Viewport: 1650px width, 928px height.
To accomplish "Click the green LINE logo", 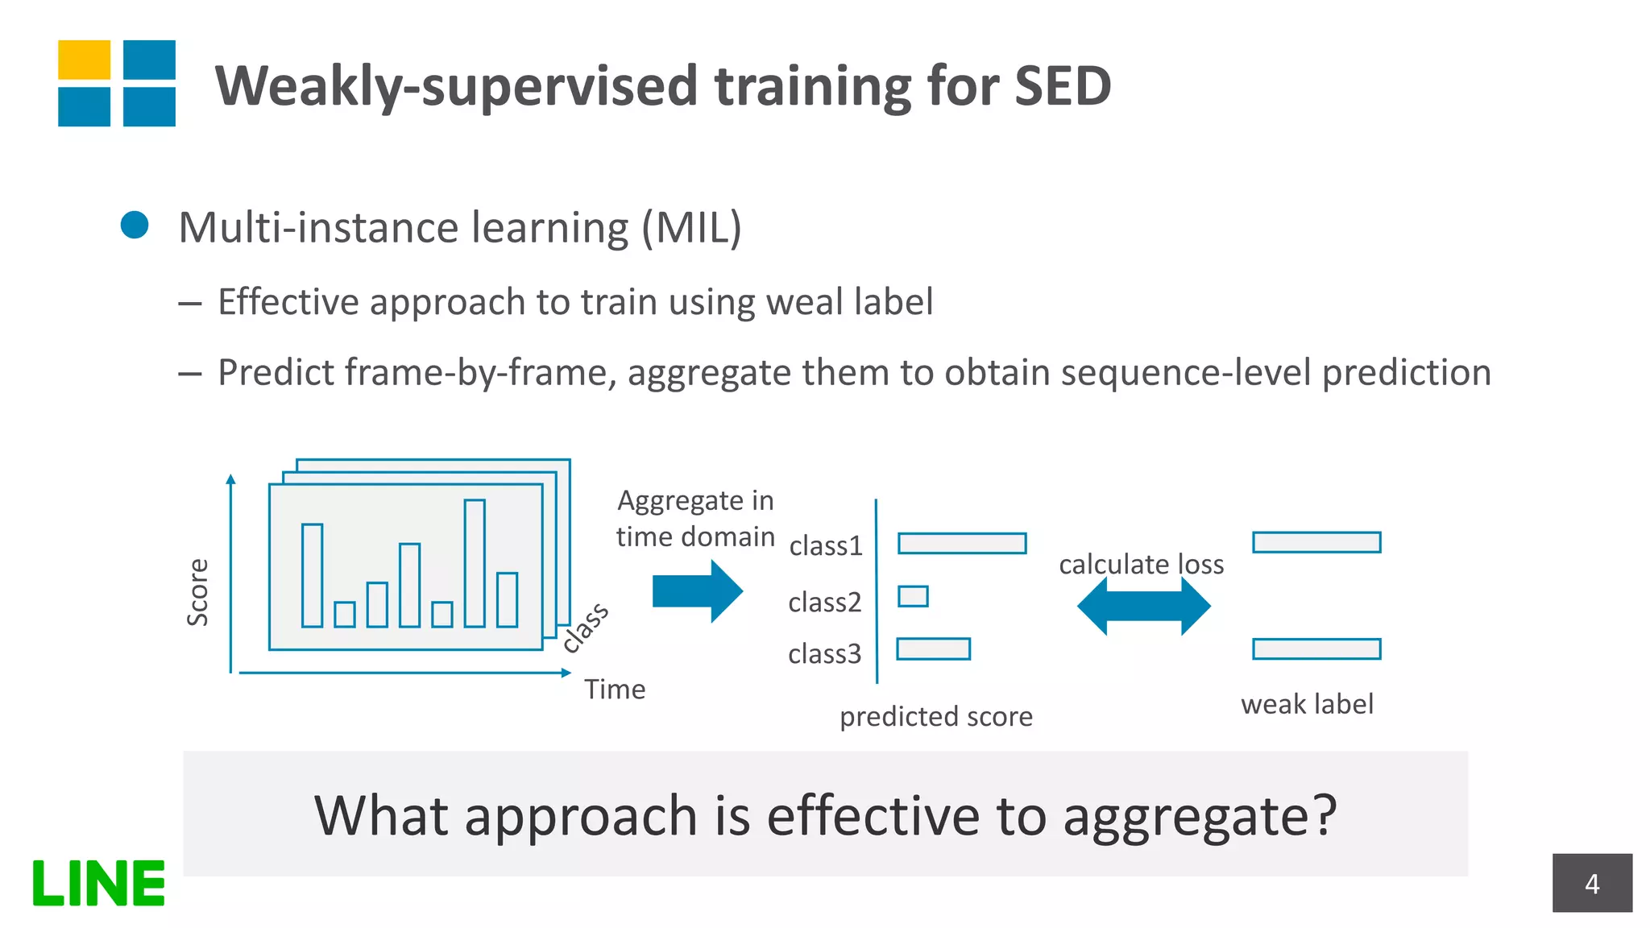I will [x=98, y=883].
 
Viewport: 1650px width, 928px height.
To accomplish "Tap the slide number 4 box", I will [x=1591, y=883].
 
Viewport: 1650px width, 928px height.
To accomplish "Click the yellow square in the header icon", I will [x=84, y=60].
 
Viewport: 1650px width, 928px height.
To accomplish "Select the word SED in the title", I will [x=1063, y=85].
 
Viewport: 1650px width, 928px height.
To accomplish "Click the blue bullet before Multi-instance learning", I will [x=135, y=225].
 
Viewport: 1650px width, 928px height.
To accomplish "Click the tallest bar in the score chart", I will [x=475, y=563].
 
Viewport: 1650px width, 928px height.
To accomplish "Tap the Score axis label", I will [x=197, y=592].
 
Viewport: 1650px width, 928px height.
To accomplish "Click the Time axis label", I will [x=615, y=690].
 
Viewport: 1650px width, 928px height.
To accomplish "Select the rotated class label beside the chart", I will [x=586, y=628].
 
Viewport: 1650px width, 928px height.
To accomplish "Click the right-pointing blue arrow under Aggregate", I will [x=697, y=591].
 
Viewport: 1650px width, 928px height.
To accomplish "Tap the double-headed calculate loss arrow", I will [x=1143, y=606].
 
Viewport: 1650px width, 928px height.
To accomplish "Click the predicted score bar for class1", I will [x=962, y=543].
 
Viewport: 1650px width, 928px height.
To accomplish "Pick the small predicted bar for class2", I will [x=913, y=596].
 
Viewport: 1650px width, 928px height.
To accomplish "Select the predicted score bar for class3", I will [x=933, y=648].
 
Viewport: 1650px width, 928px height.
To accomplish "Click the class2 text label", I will [x=824, y=602].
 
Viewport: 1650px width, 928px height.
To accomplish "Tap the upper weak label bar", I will [x=1316, y=542].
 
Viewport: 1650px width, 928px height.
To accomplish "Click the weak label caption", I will [x=1307, y=704].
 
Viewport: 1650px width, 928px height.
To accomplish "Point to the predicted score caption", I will [x=935, y=716].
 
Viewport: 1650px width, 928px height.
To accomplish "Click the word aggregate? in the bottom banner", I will [x=1200, y=817].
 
